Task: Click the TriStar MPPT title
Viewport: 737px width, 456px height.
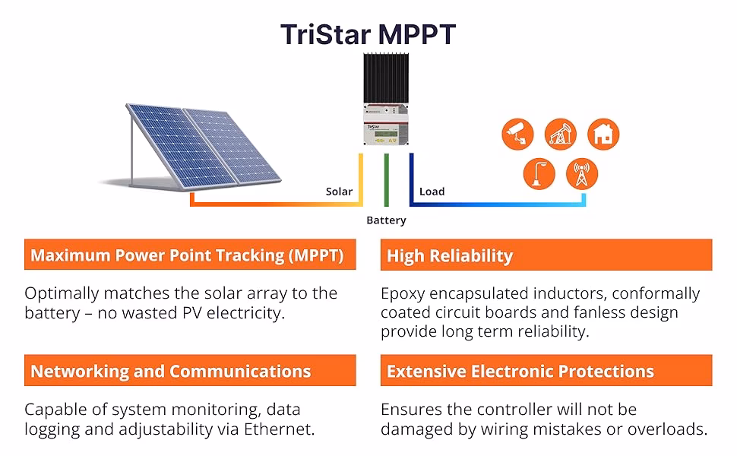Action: [368, 34]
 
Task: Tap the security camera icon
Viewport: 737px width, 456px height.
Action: [517, 134]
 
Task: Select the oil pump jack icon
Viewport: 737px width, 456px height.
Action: [560, 134]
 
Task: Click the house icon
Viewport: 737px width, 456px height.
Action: [603, 134]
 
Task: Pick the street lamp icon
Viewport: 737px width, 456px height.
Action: [539, 173]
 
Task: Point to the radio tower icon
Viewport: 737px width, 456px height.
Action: [582, 173]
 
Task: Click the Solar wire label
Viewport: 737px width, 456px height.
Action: [339, 192]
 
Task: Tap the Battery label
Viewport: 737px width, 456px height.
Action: [386, 220]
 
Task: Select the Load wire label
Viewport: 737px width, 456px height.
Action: [432, 192]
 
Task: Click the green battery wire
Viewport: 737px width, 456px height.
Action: [387, 180]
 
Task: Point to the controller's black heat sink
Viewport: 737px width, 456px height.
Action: [386, 78]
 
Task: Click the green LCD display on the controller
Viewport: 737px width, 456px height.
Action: [385, 134]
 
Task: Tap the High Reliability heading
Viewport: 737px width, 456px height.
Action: [449, 255]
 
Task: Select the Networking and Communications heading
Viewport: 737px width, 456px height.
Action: [171, 372]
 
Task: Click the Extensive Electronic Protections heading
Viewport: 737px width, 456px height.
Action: [520, 372]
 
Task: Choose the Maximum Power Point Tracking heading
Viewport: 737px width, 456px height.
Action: [187, 255]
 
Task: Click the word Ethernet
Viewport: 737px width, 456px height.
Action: [279, 429]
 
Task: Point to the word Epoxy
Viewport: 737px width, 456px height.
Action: [403, 294]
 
